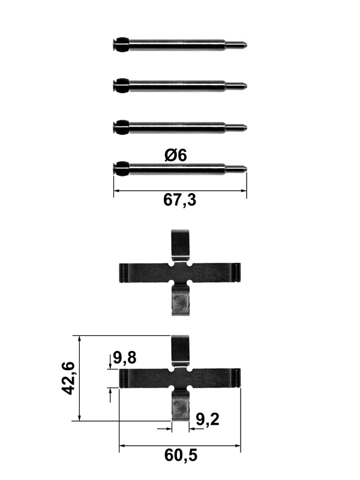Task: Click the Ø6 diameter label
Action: (176, 155)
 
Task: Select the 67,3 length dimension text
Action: (179, 200)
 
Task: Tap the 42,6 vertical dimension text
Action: (68, 378)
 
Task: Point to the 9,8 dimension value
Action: (125, 358)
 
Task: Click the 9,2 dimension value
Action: (208, 419)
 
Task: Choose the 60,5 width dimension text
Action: (181, 455)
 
